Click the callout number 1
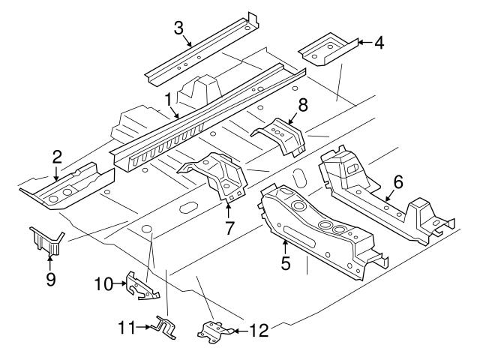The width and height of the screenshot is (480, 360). point(169,97)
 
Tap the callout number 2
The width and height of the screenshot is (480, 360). point(56,157)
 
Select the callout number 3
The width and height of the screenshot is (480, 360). point(178,28)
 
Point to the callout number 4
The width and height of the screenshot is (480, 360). point(379,43)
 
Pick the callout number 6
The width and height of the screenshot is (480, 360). point(398,181)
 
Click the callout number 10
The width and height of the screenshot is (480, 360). point(103,283)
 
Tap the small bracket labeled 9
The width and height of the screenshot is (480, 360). point(45,241)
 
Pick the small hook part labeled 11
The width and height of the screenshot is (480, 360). point(163,326)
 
